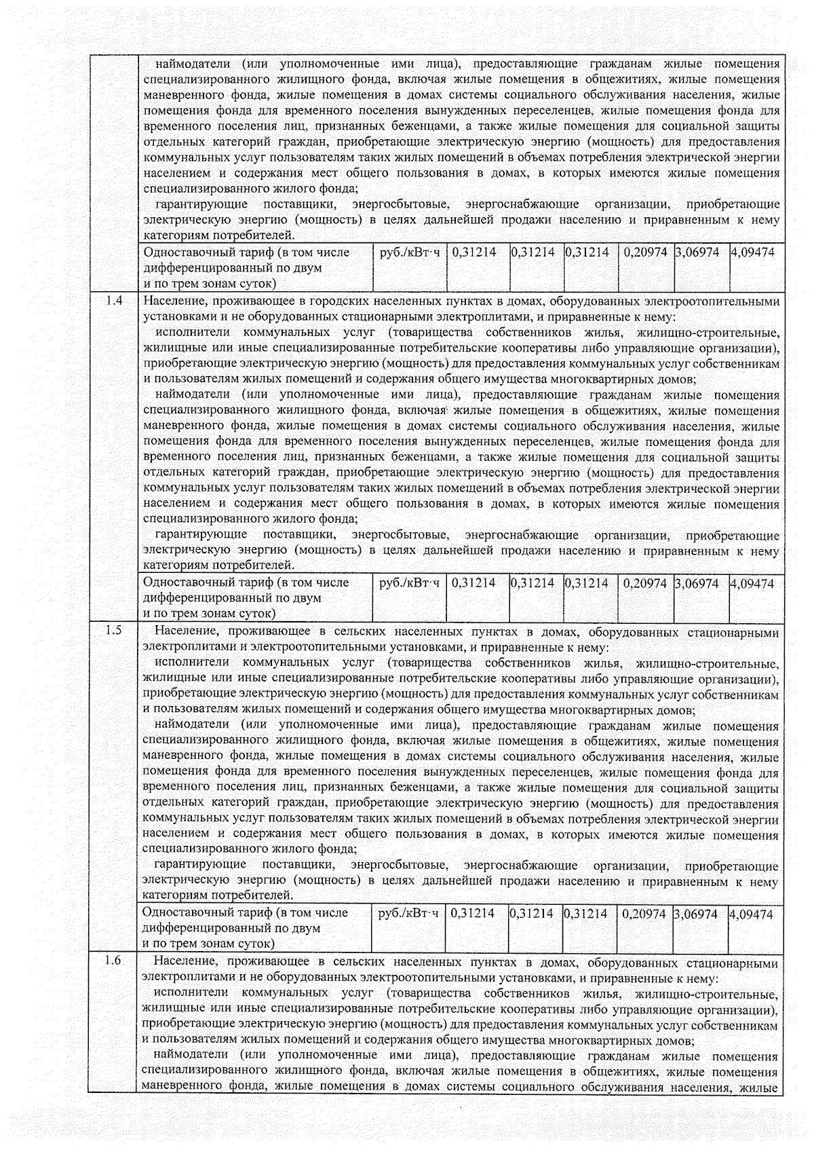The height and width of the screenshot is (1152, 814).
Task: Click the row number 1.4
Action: (x=114, y=300)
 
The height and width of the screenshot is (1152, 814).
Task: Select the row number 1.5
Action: (x=114, y=631)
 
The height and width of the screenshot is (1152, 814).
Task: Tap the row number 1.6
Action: (x=114, y=961)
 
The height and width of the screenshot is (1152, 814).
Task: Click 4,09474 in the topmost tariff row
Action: (x=752, y=253)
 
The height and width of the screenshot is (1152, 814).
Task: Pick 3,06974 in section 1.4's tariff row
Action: (x=697, y=583)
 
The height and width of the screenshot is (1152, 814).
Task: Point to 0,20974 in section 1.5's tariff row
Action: (x=644, y=914)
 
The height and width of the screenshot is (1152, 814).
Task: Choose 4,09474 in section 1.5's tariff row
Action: (x=751, y=914)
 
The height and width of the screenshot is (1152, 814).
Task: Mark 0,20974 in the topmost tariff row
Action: (x=645, y=253)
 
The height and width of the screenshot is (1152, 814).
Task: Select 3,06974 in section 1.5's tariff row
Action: (x=695, y=914)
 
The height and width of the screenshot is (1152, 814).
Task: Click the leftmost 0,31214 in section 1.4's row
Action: (x=473, y=583)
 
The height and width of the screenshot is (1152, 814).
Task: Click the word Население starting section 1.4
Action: (x=172, y=301)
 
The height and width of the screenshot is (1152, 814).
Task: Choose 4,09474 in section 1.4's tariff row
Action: (x=752, y=583)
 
